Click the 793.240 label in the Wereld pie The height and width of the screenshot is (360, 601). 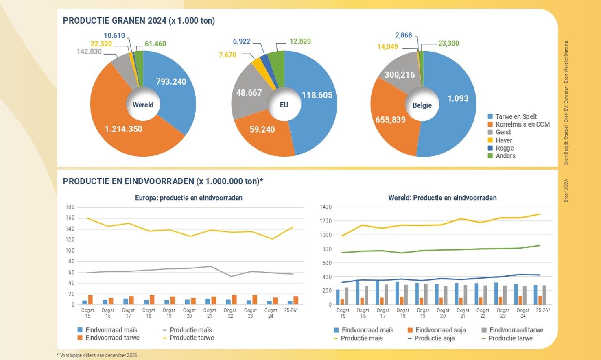tap(171, 82)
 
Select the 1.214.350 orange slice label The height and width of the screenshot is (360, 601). tap(123, 129)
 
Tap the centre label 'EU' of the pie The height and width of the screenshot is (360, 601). tap(284, 105)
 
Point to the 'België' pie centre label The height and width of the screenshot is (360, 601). tap(422, 105)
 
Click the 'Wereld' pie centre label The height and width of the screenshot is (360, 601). tap(143, 105)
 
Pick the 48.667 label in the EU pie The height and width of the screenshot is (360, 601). tap(249, 93)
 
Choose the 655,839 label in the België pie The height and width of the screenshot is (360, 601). tap(390, 120)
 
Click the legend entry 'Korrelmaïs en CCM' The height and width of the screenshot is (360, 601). tap(522, 124)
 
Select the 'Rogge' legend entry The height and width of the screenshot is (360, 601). tap(504, 148)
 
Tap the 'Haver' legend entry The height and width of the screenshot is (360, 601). tap(503, 140)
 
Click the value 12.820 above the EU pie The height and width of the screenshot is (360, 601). tap(300, 41)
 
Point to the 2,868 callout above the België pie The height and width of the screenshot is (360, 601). tap(403, 35)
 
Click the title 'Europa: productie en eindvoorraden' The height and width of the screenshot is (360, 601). tap(189, 198)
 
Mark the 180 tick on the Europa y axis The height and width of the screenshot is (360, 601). tap(70, 207)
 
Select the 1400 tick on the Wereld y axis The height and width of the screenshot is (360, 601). tap(326, 207)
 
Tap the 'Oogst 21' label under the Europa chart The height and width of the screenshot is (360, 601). tap(210, 313)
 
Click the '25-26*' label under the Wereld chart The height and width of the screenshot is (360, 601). tap(543, 310)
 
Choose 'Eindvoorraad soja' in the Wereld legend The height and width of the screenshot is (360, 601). tap(440, 330)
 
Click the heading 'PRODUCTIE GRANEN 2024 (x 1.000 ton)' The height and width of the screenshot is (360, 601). tap(139, 21)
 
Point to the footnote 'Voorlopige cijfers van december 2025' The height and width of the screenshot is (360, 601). tap(98, 355)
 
